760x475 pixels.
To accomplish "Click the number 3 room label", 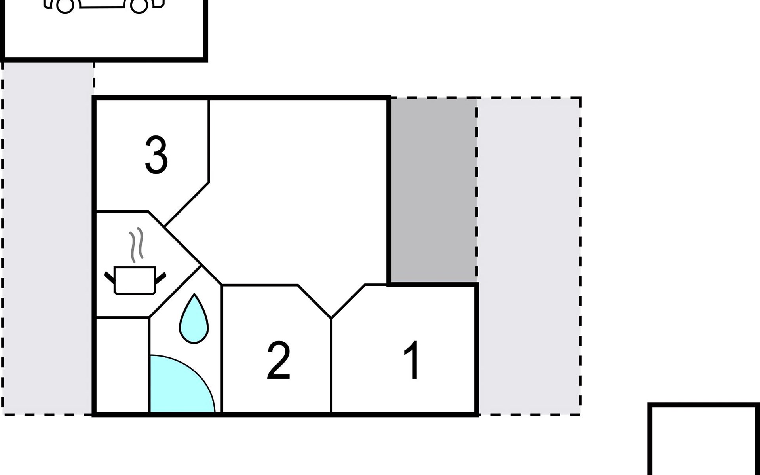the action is [x=156, y=154].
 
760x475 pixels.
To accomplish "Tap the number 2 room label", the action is [x=279, y=361].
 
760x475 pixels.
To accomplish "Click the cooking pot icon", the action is [x=135, y=280].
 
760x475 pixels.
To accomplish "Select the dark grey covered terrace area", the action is [x=434, y=190].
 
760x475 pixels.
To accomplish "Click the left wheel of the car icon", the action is [x=65, y=6].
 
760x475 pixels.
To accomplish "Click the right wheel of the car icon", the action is [x=139, y=6].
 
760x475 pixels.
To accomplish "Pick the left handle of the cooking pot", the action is [x=109, y=277].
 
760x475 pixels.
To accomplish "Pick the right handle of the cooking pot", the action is [x=161, y=278].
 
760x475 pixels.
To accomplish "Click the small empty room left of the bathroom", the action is [x=123, y=365].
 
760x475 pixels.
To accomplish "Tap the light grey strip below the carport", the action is [x=47, y=237].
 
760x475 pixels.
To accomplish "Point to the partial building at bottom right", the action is [x=704, y=439].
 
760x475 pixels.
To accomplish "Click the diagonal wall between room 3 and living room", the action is [x=186, y=205].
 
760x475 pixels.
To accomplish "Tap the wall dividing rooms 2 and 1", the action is [x=331, y=365].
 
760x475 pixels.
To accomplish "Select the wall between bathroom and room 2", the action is [x=222, y=349].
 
